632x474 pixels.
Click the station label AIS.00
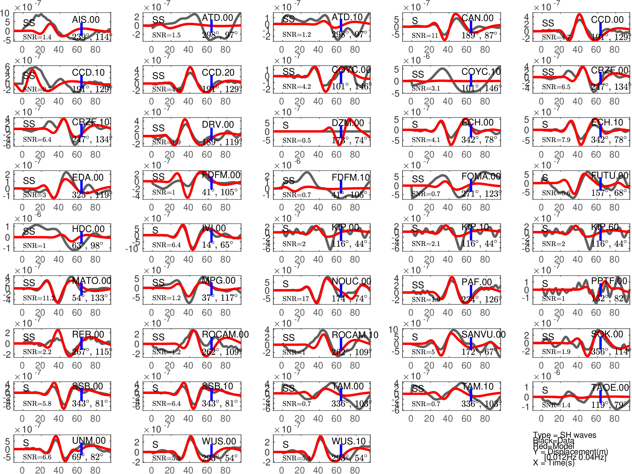86,20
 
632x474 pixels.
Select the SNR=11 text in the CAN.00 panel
425,36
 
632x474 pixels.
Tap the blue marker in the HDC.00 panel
81,237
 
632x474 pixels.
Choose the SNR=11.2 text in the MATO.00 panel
39,298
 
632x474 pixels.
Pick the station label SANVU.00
483,334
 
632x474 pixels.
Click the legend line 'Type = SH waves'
564,435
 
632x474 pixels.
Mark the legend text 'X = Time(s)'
554,463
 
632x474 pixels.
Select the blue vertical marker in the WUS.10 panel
341,450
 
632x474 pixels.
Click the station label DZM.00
348,123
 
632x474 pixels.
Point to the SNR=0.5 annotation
296,141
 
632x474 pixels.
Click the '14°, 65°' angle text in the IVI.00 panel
217,245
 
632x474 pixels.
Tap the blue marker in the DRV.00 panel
211,134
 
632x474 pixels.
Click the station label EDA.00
88,177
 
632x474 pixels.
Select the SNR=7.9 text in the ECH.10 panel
556,140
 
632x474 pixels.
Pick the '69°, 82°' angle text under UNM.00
87,457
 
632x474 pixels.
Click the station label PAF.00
477,282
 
